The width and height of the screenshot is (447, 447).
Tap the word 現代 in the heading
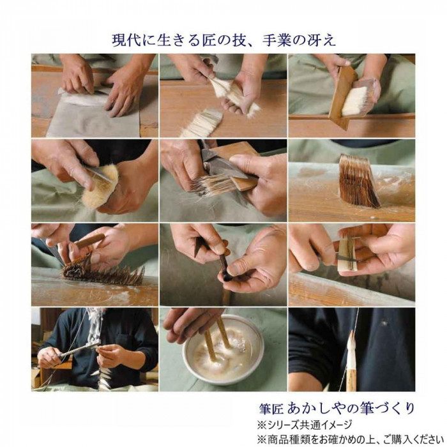tap(127, 41)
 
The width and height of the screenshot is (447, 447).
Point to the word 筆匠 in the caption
tap(271, 409)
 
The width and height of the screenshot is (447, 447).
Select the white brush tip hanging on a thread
tap(351, 350)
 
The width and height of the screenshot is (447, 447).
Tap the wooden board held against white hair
tap(342, 97)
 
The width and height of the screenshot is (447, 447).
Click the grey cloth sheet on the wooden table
tap(94, 117)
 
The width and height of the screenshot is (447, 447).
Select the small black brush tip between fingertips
tap(227, 275)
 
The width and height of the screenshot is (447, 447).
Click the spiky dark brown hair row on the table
tap(103, 272)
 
